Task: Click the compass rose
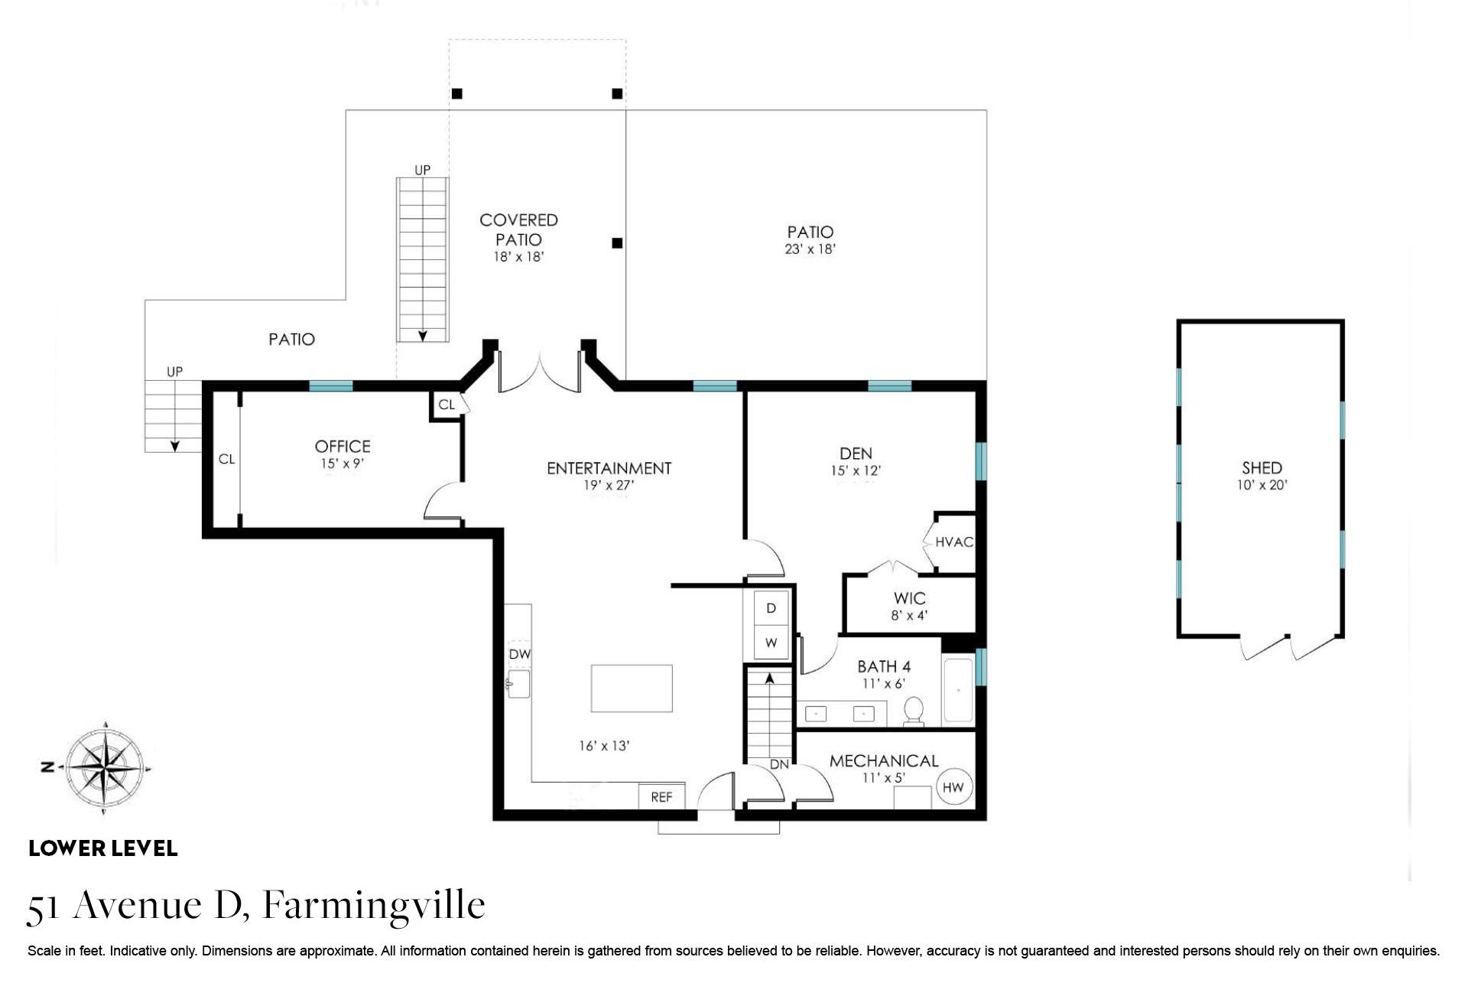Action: point(105,767)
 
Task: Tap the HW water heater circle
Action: point(953,787)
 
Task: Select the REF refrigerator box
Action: point(661,796)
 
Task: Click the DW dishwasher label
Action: point(520,654)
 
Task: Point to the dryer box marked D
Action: point(771,608)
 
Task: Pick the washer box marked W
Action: point(771,643)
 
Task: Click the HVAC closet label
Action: point(954,542)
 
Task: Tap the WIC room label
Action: point(909,598)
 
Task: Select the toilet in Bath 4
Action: point(913,711)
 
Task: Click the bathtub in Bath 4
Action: point(958,690)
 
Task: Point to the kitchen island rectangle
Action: point(632,688)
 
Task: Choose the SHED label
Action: point(1262,467)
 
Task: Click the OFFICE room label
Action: point(343,446)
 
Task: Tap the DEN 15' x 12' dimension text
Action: point(856,470)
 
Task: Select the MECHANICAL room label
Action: point(884,760)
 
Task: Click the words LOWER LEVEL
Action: point(103,848)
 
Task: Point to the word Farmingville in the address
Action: point(374,905)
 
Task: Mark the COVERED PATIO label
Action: point(518,229)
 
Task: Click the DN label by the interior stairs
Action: point(779,764)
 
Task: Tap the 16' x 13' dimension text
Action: point(604,745)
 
